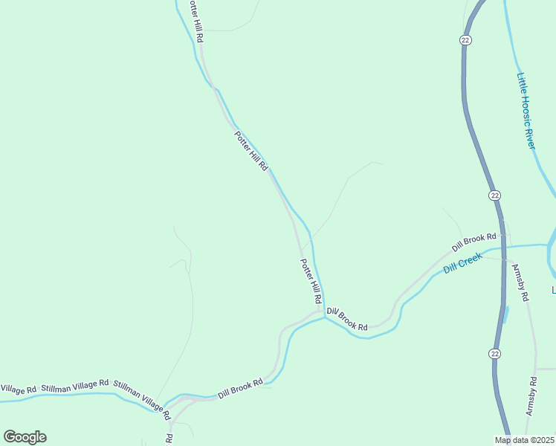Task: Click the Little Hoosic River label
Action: point(526,110)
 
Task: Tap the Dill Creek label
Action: point(462,262)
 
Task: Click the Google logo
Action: point(25,437)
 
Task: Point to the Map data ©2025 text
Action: point(524,440)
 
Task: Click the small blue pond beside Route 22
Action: point(506,314)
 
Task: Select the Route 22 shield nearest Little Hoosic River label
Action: point(465,40)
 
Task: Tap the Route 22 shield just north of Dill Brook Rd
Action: point(495,195)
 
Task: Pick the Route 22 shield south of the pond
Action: point(495,354)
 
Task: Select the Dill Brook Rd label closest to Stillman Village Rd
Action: point(240,387)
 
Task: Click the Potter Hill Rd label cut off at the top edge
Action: point(195,20)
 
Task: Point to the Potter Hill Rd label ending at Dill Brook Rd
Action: point(311,280)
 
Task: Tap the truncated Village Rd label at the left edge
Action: point(18,389)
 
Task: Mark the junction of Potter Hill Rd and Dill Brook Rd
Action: point(323,310)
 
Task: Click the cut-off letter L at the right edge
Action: point(553,289)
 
